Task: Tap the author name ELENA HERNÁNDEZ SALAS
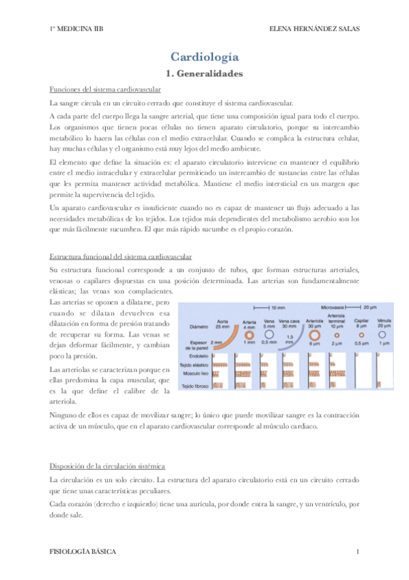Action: [x=315, y=29]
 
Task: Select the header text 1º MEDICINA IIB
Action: [x=77, y=29]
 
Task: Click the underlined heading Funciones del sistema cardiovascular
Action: [x=106, y=90]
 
